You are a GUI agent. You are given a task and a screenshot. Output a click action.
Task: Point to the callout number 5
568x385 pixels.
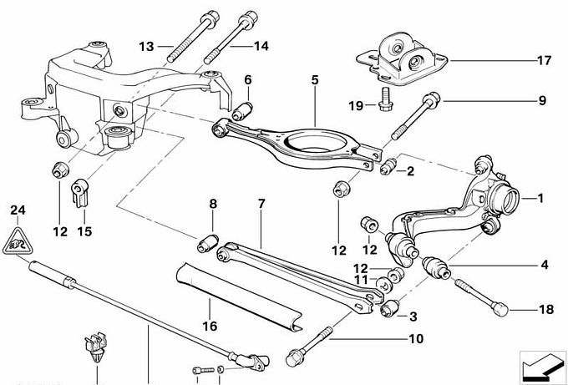pyautogui.click(x=315, y=80)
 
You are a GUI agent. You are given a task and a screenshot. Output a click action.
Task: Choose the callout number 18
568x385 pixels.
pyautogui.click(x=546, y=309)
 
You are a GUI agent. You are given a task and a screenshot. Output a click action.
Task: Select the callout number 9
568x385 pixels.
pyautogui.click(x=541, y=102)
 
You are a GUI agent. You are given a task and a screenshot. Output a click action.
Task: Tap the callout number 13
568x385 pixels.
pyautogui.click(x=147, y=46)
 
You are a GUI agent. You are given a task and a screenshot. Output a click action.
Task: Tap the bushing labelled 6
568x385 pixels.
pyautogui.click(x=247, y=108)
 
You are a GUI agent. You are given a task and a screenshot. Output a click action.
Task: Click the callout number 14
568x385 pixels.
pyautogui.click(x=261, y=46)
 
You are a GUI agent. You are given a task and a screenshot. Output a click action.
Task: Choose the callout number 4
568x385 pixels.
pyautogui.click(x=544, y=266)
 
